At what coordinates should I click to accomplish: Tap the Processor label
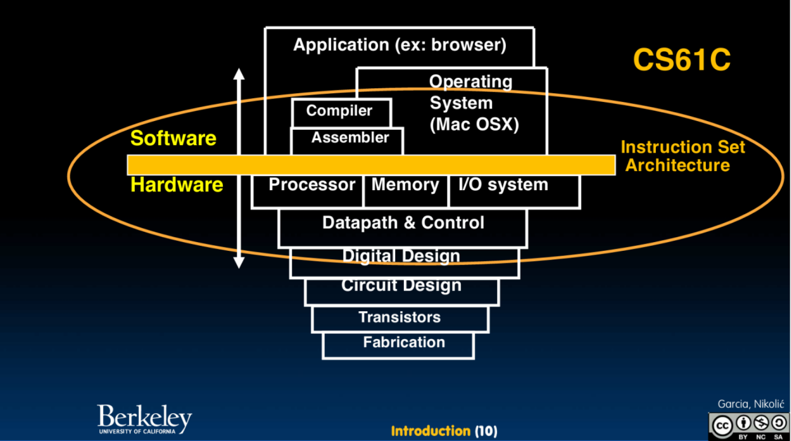[311, 185]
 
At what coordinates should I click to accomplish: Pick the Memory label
[405, 185]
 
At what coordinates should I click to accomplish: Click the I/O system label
[503, 185]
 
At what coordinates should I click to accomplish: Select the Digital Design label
[401, 256]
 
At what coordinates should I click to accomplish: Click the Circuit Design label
[401, 285]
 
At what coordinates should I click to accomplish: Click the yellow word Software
[173, 138]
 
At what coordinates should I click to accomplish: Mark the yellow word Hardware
[177, 185]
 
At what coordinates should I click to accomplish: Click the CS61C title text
[681, 60]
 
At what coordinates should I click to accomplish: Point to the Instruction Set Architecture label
[683, 156]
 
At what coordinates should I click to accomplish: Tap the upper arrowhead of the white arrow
[239, 74]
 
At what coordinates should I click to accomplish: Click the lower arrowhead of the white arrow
[239, 263]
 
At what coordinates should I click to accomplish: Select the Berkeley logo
[144, 419]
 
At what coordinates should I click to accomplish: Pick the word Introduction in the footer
[430, 431]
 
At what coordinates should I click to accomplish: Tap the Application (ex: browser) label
[400, 45]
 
